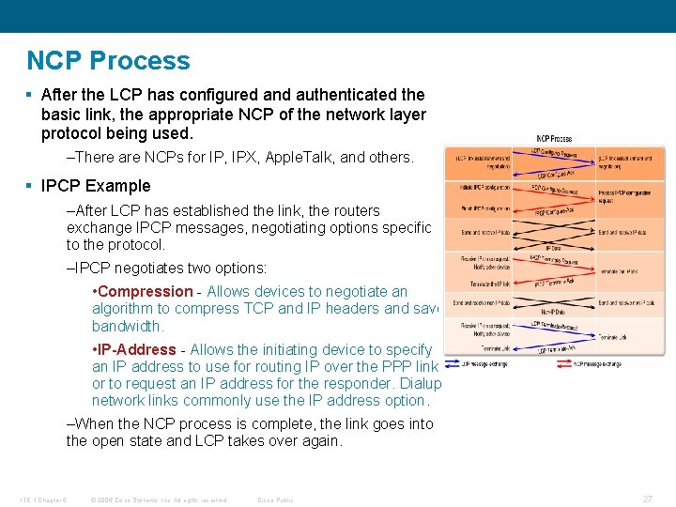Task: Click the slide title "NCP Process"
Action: [x=108, y=61]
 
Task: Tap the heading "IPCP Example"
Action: [x=95, y=186]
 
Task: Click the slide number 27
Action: [x=647, y=499]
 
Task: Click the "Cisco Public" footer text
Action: [x=275, y=499]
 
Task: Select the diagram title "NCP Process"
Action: [x=554, y=139]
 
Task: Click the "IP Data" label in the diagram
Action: [x=554, y=248]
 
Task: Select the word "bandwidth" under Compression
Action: [x=128, y=327]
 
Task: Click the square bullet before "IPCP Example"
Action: [x=30, y=186]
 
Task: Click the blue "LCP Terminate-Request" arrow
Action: [x=554, y=325]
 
